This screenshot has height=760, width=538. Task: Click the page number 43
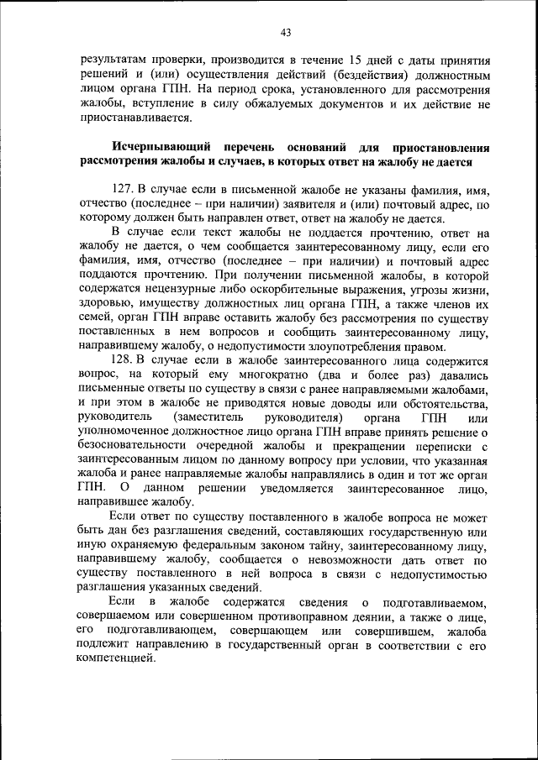point(286,33)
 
